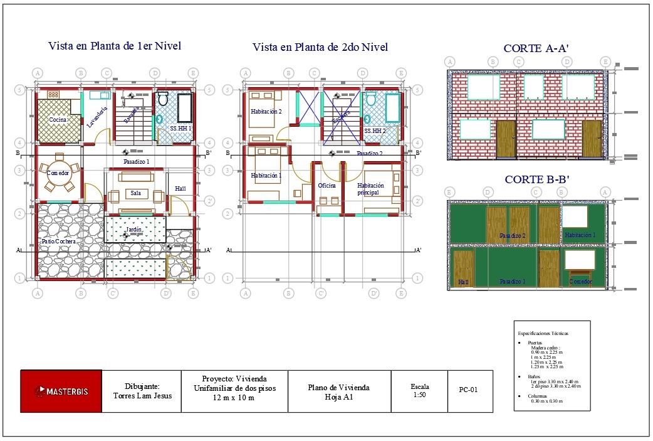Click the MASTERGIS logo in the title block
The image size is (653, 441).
(x=61, y=391)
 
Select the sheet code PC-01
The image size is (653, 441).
(x=468, y=390)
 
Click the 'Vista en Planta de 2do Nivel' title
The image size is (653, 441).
(x=320, y=47)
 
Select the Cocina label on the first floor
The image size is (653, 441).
(x=58, y=120)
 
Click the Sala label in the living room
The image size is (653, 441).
(x=136, y=194)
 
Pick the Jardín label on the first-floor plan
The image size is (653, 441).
(x=133, y=230)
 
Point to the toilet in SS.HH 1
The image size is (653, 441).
(x=163, y=98)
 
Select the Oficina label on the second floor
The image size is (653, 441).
(x=326, y=186)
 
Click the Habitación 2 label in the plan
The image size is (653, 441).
(x=266, y=112)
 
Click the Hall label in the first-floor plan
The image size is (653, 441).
(x=180, y=188)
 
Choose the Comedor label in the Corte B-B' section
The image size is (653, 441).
(x=580, y=282)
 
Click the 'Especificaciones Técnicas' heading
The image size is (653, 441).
(x=543, y=332)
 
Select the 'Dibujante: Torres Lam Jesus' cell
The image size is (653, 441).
(x=141, y=391)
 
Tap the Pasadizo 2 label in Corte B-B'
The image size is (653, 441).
(x=512, y=236)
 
